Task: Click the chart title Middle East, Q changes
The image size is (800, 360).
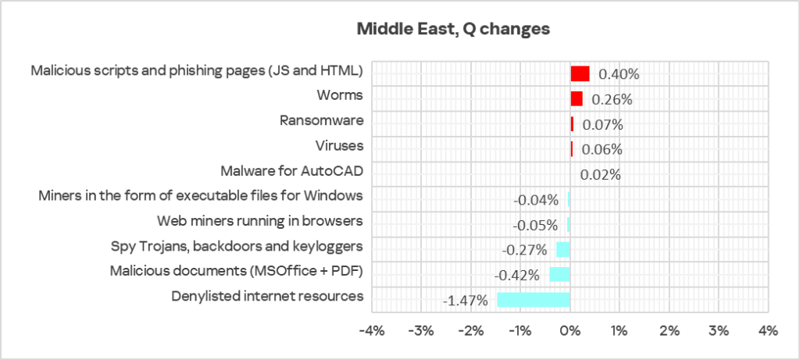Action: tap(453, 29)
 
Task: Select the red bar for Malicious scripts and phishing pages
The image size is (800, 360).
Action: tap(580, 73)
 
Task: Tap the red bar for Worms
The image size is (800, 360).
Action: tap(577, 98)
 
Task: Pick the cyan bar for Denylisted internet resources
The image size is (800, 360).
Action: tap(534, 299)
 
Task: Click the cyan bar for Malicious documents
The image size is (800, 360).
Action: tap(559, 274)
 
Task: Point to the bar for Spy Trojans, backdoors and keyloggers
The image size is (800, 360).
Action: tap(562, 249)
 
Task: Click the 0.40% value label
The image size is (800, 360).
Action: tap(619, 74)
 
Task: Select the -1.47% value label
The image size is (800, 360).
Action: tap(467, 300)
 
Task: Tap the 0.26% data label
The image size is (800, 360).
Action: tap(612, 99)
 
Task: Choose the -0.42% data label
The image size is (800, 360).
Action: tap(517, 275)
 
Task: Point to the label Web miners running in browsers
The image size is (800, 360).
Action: tap(260, 221)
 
